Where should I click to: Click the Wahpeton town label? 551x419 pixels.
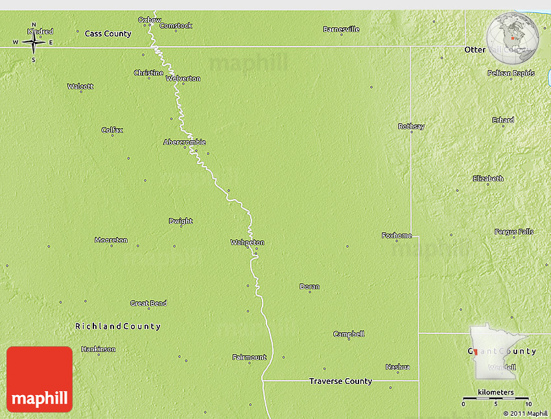point(248,243)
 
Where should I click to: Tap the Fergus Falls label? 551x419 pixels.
point(514,232)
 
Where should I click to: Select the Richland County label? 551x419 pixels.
point(117,326)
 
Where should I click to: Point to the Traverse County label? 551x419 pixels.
point(340,381)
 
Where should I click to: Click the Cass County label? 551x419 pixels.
point(108,33)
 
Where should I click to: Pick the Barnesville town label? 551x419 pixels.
point(341,29)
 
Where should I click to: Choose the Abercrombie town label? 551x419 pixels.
point(185,142)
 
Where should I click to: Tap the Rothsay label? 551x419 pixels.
point(411,126)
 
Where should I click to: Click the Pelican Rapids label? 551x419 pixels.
point(511,73)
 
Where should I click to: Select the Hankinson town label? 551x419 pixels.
point(99,349)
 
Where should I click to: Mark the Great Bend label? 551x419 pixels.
point(148,304)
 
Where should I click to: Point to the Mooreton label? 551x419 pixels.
point(111,240)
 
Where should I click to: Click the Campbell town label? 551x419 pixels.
point(349,334)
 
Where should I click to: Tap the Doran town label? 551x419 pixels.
point(309,287)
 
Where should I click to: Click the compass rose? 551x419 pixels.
point(33,43)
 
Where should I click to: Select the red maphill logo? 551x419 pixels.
point(40,379)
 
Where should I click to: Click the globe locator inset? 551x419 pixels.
point(513,37)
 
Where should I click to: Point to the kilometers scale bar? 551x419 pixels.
point(496,398)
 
